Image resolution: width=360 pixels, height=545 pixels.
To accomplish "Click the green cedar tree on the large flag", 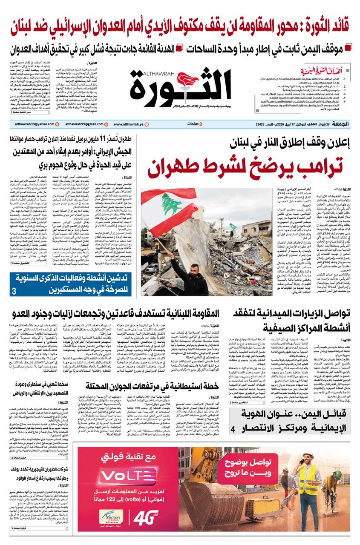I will click(171, 204).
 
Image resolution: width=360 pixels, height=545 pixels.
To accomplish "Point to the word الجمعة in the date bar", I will click(341, 124).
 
